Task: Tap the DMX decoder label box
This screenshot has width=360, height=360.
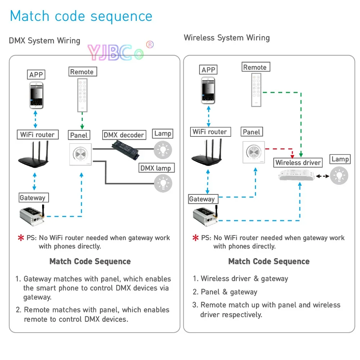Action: tap(124, 135)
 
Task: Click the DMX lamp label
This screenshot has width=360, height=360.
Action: tap(156, 168)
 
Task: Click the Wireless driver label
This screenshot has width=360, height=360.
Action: tap(298, 163)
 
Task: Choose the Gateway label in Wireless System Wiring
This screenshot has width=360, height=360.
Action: tap(202, 199)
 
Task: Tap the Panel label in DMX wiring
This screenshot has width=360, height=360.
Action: tap(79, 135)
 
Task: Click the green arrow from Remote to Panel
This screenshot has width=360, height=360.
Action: tap(82, 121)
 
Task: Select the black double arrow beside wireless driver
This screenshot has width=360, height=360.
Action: tap(323, 176)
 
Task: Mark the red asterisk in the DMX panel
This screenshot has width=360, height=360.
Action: tap(21, 238)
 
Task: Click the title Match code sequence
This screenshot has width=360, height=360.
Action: tap(81, 16)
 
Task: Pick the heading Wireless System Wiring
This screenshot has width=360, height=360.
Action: tap(226, 38)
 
